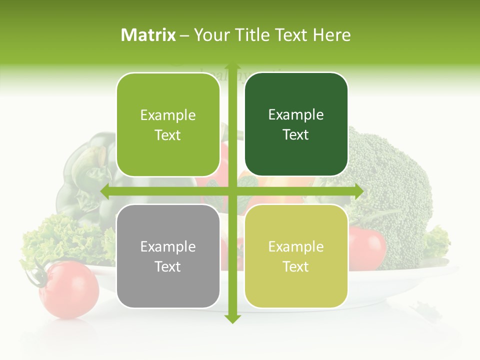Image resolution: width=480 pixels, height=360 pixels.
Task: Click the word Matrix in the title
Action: (x=148, y=35)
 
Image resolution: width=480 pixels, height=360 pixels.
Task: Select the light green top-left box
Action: (x=168, y=124)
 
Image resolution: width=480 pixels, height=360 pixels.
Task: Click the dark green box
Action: (x=296, y=124)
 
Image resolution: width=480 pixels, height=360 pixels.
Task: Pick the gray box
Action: (x=168, y=256)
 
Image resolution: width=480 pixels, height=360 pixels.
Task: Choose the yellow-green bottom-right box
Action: (x=296, y=256)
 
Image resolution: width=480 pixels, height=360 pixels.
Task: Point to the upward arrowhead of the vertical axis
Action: (x=231, y=67)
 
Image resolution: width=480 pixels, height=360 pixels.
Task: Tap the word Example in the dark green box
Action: (x=296, y=115)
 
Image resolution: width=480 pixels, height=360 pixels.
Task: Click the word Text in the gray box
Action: (x=168, y=266)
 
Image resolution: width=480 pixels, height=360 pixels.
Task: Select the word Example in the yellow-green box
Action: (x=296, y=246)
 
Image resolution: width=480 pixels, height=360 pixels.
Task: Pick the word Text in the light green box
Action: (x=168, y=135)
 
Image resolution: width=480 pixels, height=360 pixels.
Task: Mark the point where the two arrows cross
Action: (x=231, y=191)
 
